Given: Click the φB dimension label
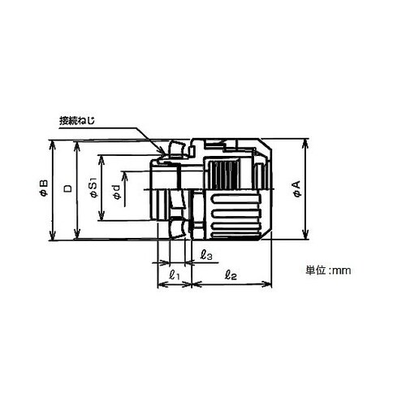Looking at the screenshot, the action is pos(44,188).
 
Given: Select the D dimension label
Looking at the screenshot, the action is pos(68,188).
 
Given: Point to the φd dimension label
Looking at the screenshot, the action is pos(117,192).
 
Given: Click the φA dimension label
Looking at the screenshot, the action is pos(297,189).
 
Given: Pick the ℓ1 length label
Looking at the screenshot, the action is pos(174,275).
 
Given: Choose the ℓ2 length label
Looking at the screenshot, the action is pos(231,275).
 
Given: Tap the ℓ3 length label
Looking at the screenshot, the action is pos(206,255).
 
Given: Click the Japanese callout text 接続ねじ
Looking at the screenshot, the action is pos(77,121).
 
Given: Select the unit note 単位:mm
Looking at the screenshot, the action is pos(328,270).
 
